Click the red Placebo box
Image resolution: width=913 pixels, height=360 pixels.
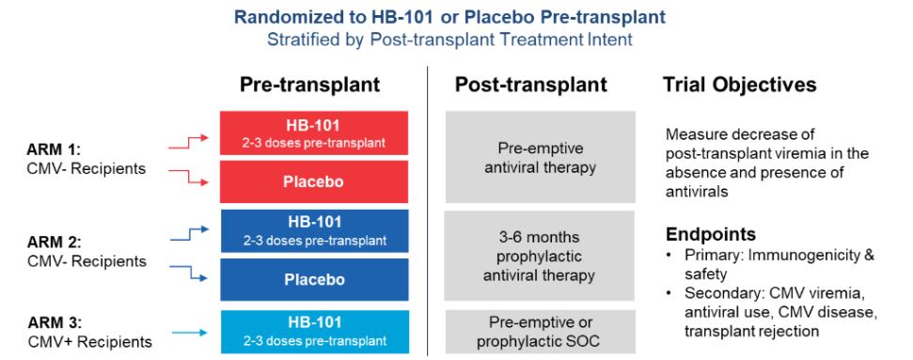pyautogui.click(x=314, y=181)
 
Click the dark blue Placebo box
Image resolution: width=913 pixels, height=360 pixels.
pyautogui.click(x=314, y=279)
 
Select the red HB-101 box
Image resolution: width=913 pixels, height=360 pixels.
pyautogui.click(x=314, y=133)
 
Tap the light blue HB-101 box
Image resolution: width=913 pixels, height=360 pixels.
pyautogui.click(x=314, y=332)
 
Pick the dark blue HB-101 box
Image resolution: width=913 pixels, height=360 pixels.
pyautogui.click(x=314, y=230)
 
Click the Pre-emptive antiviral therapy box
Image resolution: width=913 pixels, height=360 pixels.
pyautogui.click(x=541, y=157)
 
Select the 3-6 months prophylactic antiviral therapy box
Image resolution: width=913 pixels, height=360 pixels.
pyautogui.click(x=540, y=256)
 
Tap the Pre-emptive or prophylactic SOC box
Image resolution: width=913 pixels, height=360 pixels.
pyautogui.click(x=541, y=332)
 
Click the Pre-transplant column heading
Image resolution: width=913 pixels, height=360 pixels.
pyautogui.click(x=309, y=85)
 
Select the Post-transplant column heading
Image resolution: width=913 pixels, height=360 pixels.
pyautogui.click(x=531, y=85)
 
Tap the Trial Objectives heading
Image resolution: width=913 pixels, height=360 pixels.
pyautogui.click(x=739, y=85)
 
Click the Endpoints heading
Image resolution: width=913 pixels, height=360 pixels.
pyautogui.click(x=711, y=234)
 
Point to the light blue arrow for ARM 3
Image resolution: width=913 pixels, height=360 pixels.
pyautogui.click(x=190, y=333)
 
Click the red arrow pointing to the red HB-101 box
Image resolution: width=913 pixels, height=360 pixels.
pyautogui.click(x=188, y=143)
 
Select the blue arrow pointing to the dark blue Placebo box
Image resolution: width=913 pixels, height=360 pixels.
pyautogui.click(x=189, y=274)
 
